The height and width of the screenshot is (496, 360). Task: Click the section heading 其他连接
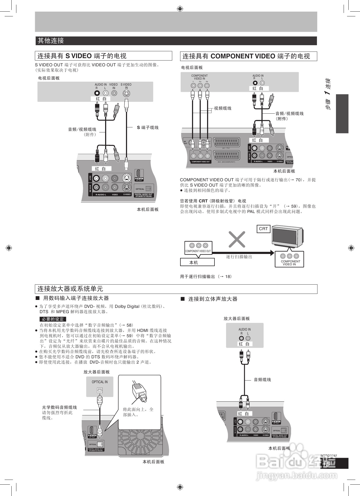tap(51, 41)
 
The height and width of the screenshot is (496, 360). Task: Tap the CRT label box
tap(263, 229)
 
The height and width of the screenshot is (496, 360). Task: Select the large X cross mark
tap(237, 239)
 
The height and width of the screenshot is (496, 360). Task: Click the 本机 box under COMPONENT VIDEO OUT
tap(197, 262)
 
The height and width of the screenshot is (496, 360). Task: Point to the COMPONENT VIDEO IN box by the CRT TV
tap(289, 259)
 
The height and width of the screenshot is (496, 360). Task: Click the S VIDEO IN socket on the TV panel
tap(127, 93)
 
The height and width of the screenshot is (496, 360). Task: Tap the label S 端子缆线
tap(148, 128)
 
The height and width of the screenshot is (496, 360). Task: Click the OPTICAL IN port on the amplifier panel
tap(100, 390)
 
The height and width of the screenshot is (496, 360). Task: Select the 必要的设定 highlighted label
tap(53, 319)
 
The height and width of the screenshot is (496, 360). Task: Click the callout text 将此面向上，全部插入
tap(138, 412)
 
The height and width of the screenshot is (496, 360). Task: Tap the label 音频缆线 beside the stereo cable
tap(262, 380)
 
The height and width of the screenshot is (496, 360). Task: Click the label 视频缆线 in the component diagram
tap(222, 108)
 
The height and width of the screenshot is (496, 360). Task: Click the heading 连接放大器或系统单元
tap(70, 289)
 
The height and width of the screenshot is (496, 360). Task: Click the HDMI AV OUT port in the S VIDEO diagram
tap(139, 175)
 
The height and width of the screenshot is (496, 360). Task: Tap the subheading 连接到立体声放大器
tap(213, 299)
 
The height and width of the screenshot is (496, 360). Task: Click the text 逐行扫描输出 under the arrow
tap(239, 257)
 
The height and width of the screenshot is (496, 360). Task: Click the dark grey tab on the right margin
tap(342, 114)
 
